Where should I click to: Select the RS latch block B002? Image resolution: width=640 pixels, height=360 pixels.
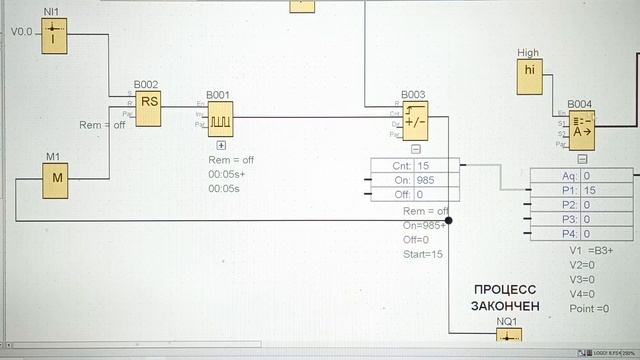[x=148, y=109]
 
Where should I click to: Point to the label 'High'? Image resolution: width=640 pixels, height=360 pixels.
[x=528, y=52]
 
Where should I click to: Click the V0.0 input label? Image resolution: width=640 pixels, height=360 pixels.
[x=21, y=32]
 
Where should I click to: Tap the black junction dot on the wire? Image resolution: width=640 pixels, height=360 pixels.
[x=449, y=221]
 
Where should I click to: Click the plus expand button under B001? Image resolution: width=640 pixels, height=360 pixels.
[x=221, y=145]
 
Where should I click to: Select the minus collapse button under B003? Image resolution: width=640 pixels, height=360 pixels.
[x=415, y=147]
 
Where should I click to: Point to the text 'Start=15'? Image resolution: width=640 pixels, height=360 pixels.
[x=423, y=254]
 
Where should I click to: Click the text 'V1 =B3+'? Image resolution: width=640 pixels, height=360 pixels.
[x=590, y=250]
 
